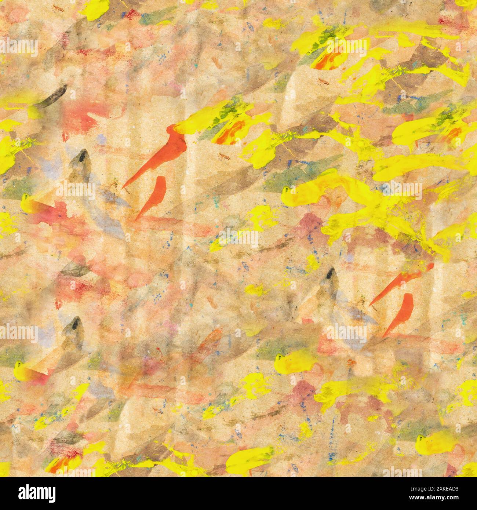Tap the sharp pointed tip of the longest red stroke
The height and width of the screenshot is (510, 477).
coord(124,187)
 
